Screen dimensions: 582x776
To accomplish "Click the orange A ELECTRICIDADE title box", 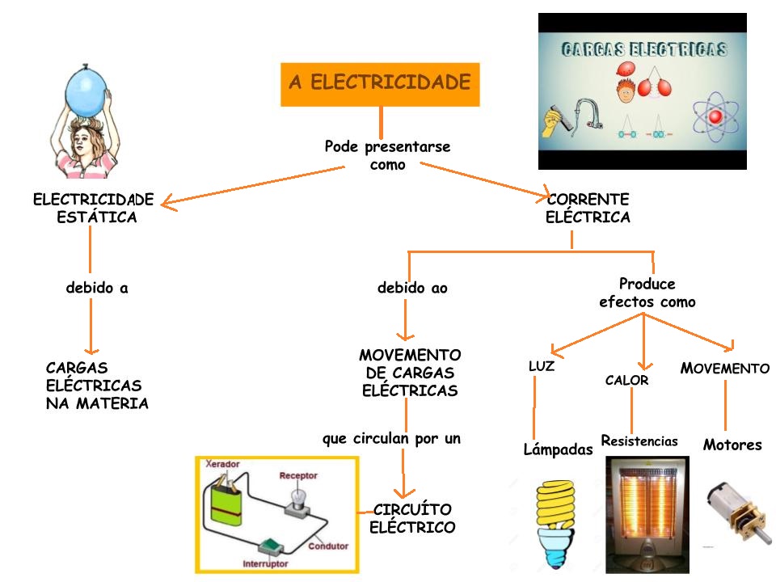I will tap(380, 84).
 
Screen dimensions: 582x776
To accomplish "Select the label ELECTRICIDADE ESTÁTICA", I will tap(93, 208).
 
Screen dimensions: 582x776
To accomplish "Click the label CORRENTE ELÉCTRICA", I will tap(588, 208).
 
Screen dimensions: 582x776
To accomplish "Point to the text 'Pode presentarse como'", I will tap(387, 155).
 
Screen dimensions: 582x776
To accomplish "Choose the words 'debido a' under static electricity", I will tap(97, 288).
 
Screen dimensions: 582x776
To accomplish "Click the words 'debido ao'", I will tap(412, 288).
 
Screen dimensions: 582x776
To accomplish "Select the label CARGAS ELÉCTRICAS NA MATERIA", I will tap(97, 386).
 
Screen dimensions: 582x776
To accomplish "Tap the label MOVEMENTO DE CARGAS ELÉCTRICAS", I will tap(410, 373).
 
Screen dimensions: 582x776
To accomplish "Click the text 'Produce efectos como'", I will tap(647, 293).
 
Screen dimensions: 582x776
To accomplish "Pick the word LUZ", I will tap(542, 366).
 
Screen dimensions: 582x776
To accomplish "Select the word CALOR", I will tap(626, 380).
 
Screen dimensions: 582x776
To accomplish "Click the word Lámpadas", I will tap(558, 449).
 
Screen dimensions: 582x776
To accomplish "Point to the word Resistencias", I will tap(639, 441).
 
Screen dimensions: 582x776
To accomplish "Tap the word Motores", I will tap(732, 445).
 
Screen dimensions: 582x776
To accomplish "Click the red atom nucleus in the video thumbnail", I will tap(714, 118).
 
